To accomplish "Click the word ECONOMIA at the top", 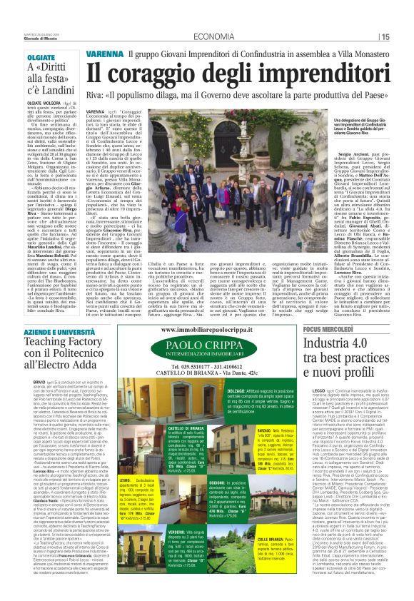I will tap(213, 36).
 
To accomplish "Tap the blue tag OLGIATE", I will tap(41, 56).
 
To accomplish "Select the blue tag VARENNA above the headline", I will tap(106, 54).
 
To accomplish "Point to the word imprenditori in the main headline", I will tap(321, 72).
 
